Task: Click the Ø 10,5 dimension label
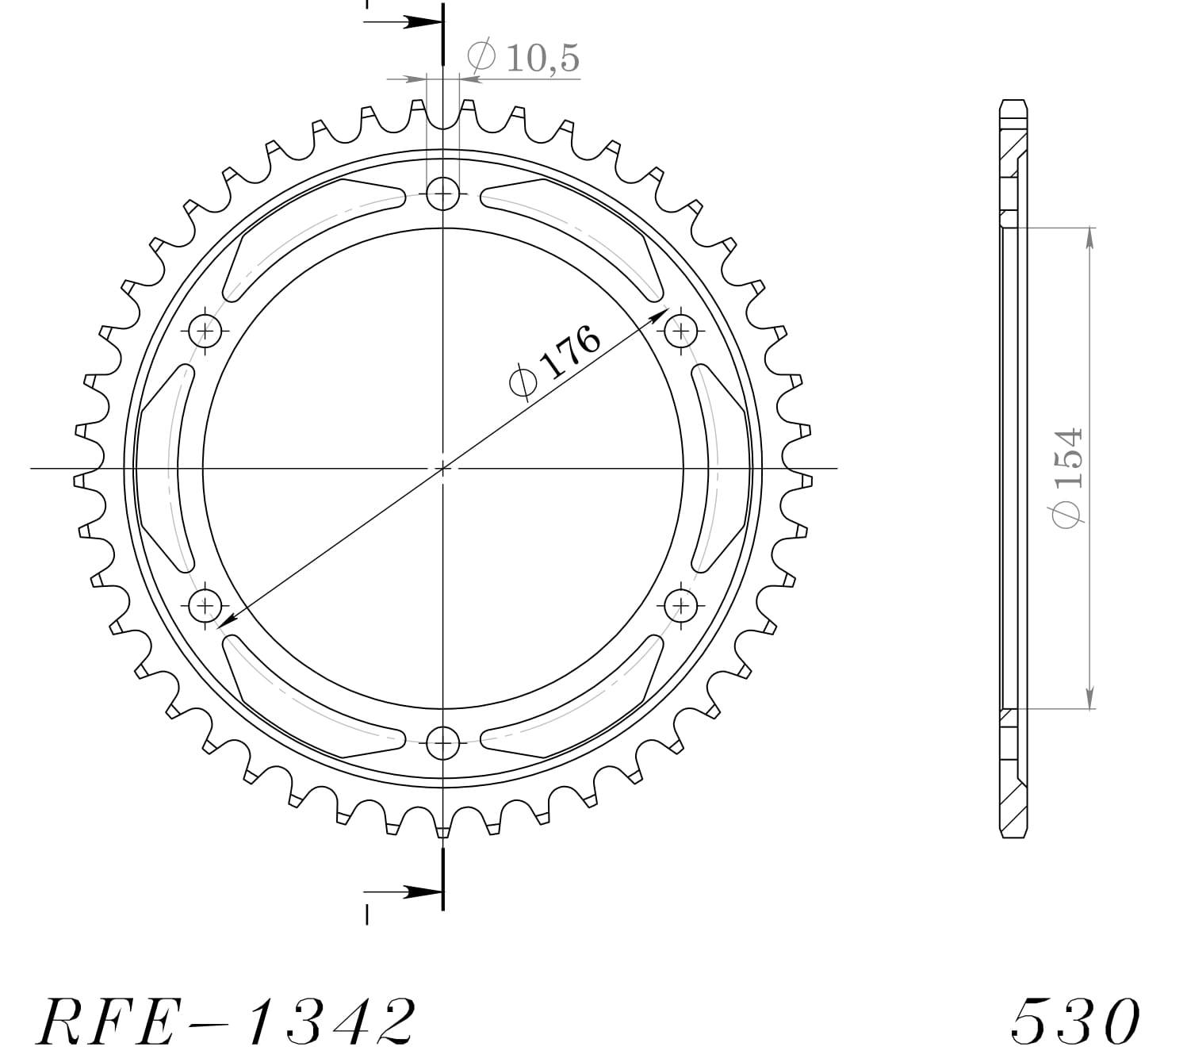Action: (525, 58)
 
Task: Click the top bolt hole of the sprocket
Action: (442, 193)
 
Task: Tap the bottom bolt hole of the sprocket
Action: (442, 744)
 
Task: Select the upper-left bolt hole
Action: (205, 330)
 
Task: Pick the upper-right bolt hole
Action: (680, 330)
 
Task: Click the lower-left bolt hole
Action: (205, 607)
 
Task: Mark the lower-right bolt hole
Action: (680, 607)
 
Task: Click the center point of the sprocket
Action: (442, 468)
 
